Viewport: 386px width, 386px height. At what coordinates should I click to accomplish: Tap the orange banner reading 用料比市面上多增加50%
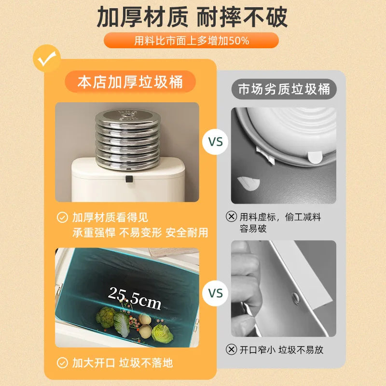(192, 41)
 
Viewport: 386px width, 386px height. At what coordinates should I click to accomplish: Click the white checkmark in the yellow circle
(47, 59)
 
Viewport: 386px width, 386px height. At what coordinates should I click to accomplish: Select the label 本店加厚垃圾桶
(130, 82)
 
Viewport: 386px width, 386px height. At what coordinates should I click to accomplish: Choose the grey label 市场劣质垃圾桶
(284, 90)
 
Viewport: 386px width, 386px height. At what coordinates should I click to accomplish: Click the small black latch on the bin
(129, 179)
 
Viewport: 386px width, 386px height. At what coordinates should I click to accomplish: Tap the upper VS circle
(215, 142)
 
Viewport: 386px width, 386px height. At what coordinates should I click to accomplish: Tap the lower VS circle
(215, 293)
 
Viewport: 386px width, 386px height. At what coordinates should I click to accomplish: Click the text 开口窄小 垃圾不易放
(281, 349)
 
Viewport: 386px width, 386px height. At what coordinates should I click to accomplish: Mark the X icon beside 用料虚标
(232, 217)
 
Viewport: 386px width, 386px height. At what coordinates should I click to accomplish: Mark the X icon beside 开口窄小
(232, 349)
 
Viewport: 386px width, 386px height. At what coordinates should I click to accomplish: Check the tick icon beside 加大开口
(62, 363)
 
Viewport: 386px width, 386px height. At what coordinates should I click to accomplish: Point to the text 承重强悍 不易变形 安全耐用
(140, 233)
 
